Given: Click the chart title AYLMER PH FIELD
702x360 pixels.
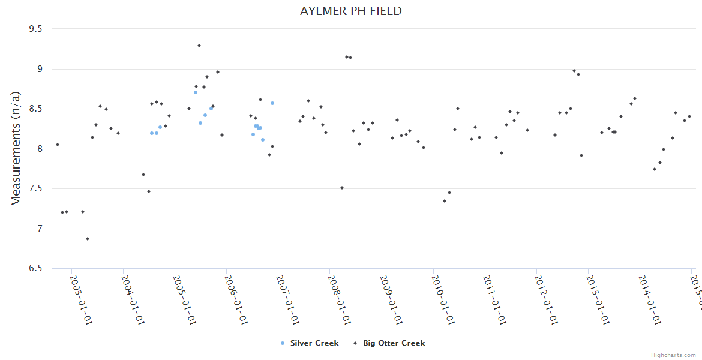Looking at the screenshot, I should click(x=351, y=11).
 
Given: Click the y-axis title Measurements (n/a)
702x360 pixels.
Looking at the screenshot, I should click(x=16, y=149).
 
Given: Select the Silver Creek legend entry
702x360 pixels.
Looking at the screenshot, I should click(x=310, y=343).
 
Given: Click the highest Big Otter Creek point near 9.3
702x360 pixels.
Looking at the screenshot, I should click(x=199, y=46).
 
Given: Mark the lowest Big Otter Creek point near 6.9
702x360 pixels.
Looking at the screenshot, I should click(x=88, y=239).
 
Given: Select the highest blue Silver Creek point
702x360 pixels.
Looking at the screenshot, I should click(x=196, y=92).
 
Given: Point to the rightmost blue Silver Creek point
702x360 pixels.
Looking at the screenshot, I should click(x=272, y=103).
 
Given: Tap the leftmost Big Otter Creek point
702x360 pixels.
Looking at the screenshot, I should click(x=58, y=145).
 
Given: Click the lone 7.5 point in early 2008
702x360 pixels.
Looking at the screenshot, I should click(x=342, y=188).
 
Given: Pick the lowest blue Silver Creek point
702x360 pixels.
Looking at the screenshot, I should click(x=263, y=140).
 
